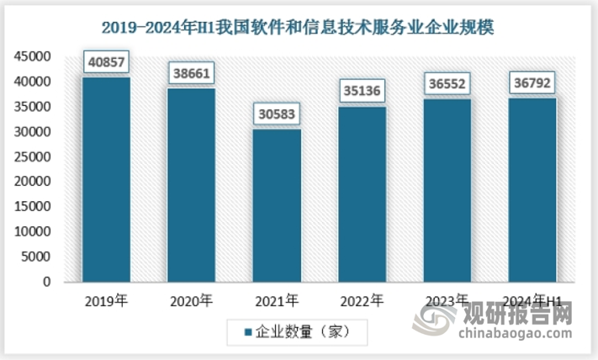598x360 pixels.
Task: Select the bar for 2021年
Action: [x=276, y=206]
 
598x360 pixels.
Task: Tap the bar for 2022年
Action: [x=362, y=194]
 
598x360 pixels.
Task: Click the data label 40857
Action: [x=106, y=62]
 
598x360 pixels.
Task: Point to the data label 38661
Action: [x=191, y=73]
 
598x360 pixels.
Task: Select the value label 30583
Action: [x=277, y=114]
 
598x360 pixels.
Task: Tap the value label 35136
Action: [x=362, y=91]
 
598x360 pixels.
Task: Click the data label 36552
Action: [x=447, y=84]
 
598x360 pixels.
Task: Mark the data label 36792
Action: [x=532, y=83]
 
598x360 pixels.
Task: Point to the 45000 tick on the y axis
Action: [x=34, y=56]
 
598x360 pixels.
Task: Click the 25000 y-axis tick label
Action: [x=34, y=156]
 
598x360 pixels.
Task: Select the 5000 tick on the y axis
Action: [x=37, y=257]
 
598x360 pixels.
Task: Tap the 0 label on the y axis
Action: [x=48, y=282]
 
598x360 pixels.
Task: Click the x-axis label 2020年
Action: [x=191, y=300]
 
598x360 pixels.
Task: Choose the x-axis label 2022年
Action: [x=362, y=300]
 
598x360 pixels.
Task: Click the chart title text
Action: [x=299, y=27]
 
